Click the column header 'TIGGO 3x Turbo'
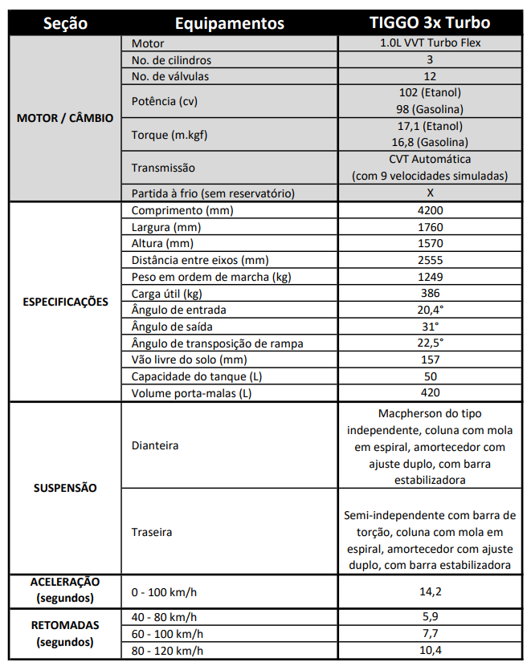tap(431, 23)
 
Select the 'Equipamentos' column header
tap(228, 23)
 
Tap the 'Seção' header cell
tap(64, 23)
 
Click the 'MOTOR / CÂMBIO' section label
tap(64, 118)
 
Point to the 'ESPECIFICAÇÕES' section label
tap(64, 303)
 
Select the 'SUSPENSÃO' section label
tap(64, 488)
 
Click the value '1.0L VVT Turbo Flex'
tap(431, 43)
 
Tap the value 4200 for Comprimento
tap(431, 210)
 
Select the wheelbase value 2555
tap(431, 260)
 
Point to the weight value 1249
tap(431, 277)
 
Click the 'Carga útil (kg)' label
tap(167, 294)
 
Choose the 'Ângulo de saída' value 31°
tap(431, 327)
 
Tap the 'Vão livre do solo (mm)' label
tap(188, 359)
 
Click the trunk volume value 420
tap(431, 392)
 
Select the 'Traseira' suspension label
tap(152, 531)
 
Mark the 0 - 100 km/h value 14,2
tap(431, 591)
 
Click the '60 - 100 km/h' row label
tap(168, 633)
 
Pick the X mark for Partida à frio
tap(431, 193)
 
